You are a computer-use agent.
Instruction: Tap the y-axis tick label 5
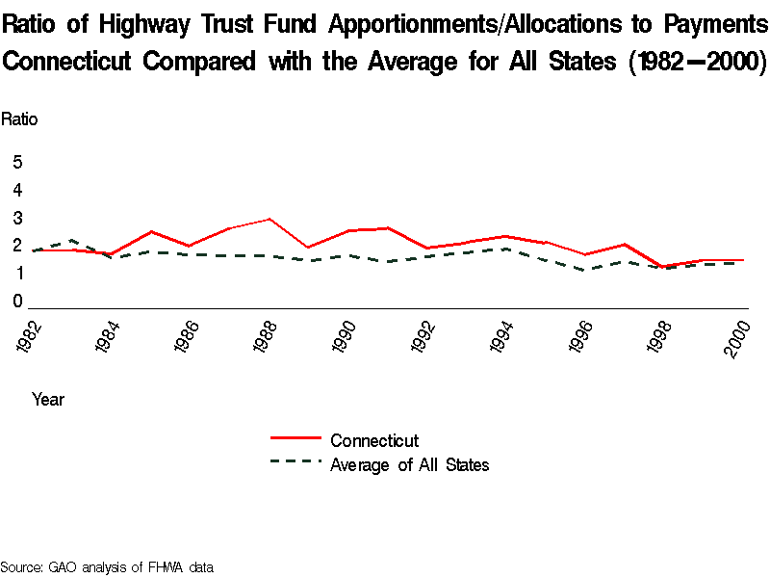(17, 162)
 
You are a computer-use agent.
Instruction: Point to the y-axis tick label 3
(17, 218)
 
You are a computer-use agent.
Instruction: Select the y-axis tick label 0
(17, 302)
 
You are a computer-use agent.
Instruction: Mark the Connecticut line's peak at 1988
(270, 219)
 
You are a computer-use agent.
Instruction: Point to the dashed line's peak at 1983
(73, 240)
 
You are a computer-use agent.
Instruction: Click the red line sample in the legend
(295, 439)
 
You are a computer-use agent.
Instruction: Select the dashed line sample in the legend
(295, 462)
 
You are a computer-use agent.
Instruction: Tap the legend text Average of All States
(409, 465)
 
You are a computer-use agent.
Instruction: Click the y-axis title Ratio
(19, 119)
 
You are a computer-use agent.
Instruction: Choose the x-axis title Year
(48, 399)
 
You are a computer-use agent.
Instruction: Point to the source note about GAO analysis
(106, 567)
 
